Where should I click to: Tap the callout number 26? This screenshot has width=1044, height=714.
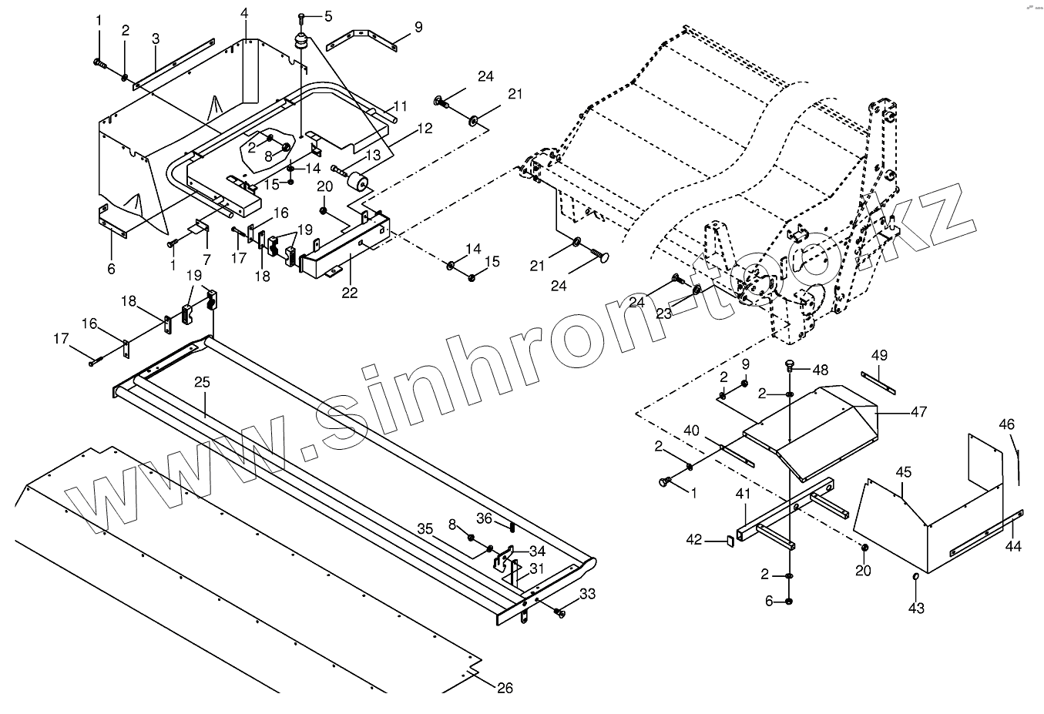pyautogui.click(x=504, y=688)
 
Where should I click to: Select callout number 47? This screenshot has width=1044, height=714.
pyautogui.click(x=918, y=412)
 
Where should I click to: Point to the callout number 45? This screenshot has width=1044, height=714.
pyautogui.click(x=904, y=471)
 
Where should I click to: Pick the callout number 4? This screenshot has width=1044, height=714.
pyautogui.click(x=244, y=13)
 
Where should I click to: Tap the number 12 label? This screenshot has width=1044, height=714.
pyautogui.click(x=425, y=129)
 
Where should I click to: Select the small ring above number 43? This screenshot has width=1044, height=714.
pyautogui.click(x=915, y=577)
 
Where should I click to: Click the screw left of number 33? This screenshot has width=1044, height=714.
pyautogui.click(x=559, y=612)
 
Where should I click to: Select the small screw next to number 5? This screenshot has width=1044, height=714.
pyautogui.click(x=302, y=16)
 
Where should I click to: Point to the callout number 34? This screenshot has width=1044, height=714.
pyautogui.click(x=537, y=551)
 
